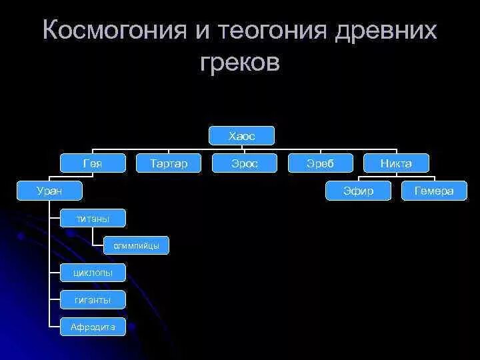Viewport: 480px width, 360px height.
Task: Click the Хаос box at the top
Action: click(241, 136)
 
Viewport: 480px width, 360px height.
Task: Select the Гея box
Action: click(93, 163)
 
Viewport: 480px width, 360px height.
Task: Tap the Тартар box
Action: click(169, 163)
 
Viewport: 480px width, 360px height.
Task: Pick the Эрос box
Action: click(244, 163)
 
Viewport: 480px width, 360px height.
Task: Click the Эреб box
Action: click(320, 163)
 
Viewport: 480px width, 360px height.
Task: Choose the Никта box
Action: click(396, 163)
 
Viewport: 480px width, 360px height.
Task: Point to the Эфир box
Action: click(359, 191)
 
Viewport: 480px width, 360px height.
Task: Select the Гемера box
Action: click(434, 191)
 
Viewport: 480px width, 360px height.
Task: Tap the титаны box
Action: click(93, 218)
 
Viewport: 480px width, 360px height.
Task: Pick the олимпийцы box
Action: click(136, 245)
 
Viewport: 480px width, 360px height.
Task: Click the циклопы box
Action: click(93, 273)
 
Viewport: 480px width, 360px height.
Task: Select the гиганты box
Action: click(93, 300)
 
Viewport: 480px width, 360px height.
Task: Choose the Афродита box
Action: click(93, 327)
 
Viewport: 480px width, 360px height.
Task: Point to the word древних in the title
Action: click(387, 31)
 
